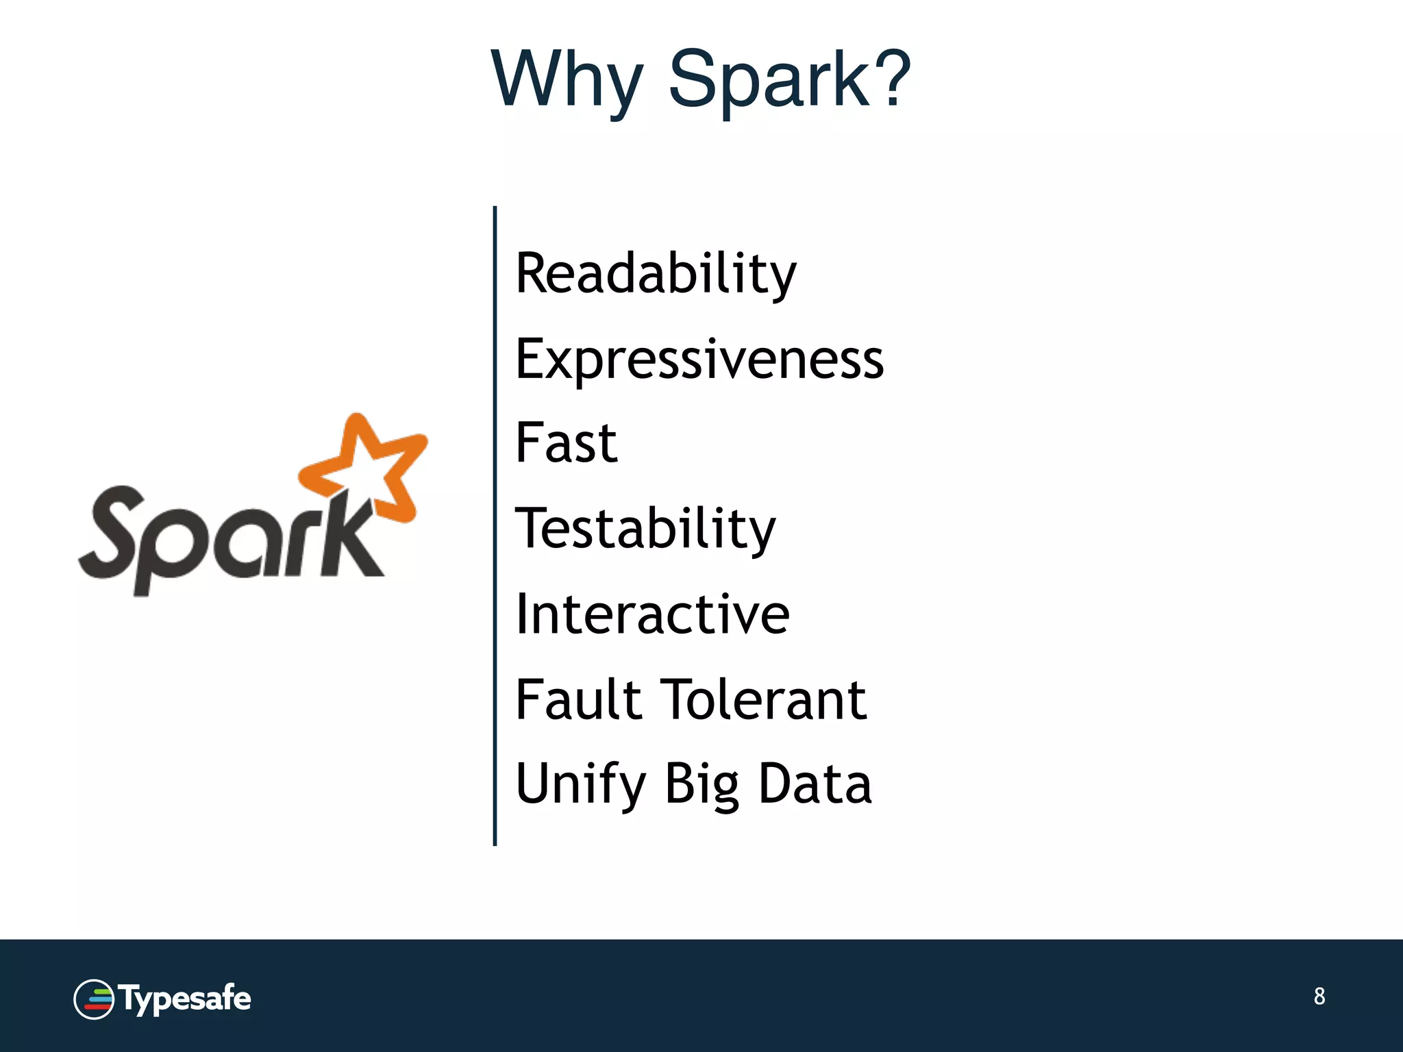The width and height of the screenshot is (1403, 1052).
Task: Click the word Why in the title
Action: click(x=567, y=81)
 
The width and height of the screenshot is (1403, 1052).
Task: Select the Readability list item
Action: click(x=656, y=274)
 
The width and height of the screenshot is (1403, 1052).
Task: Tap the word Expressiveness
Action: click(x=699, y=360)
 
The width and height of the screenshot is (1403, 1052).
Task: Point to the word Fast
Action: click(x=567, y=443)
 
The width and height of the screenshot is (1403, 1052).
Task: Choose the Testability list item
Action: click(x=645, y=529)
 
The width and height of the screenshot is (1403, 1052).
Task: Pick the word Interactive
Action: click(x=652, y=614)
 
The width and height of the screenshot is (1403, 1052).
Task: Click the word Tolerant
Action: click(x=766, y=699)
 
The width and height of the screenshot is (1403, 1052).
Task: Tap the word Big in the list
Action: click(x=702, y=784)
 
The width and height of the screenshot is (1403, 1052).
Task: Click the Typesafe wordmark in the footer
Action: click(x=185, y=999)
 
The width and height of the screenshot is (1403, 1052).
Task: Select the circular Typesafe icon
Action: click(x=94, y=999)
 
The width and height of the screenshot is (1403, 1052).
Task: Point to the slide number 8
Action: click(x=1319, y=996)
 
